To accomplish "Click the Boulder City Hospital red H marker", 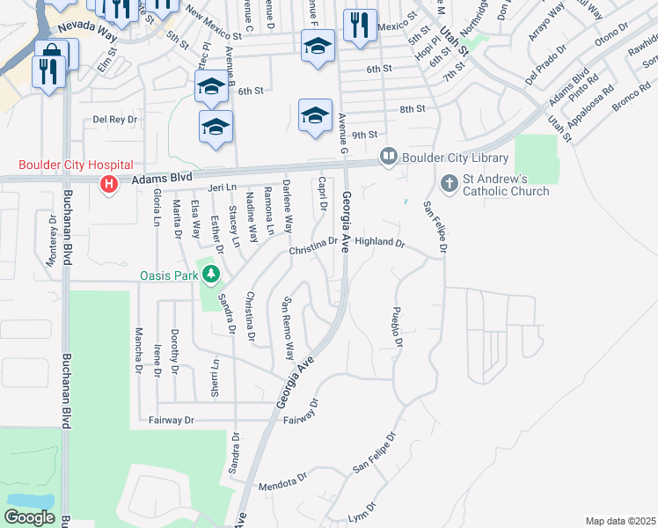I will pyautogui.click(x=109, y=184).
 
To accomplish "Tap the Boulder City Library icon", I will pyautogui.click(x=389, y=158).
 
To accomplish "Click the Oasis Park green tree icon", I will pyautogui.click(x=210, y=275).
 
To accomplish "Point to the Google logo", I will pyautogui.click(x=29, y=517).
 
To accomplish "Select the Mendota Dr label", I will pyautogui.click(x=282, y=484).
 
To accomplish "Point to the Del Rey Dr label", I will pyautogui.click(x=116, y=119).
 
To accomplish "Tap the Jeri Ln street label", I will pyautogui.click(x=223, y=187).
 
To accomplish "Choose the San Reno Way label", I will pyautogui.click(x=287, y=330).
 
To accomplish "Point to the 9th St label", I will pyautogui.click(x=364, y=135).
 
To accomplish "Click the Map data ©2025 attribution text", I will pyautogui.click(x=620, y=521).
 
